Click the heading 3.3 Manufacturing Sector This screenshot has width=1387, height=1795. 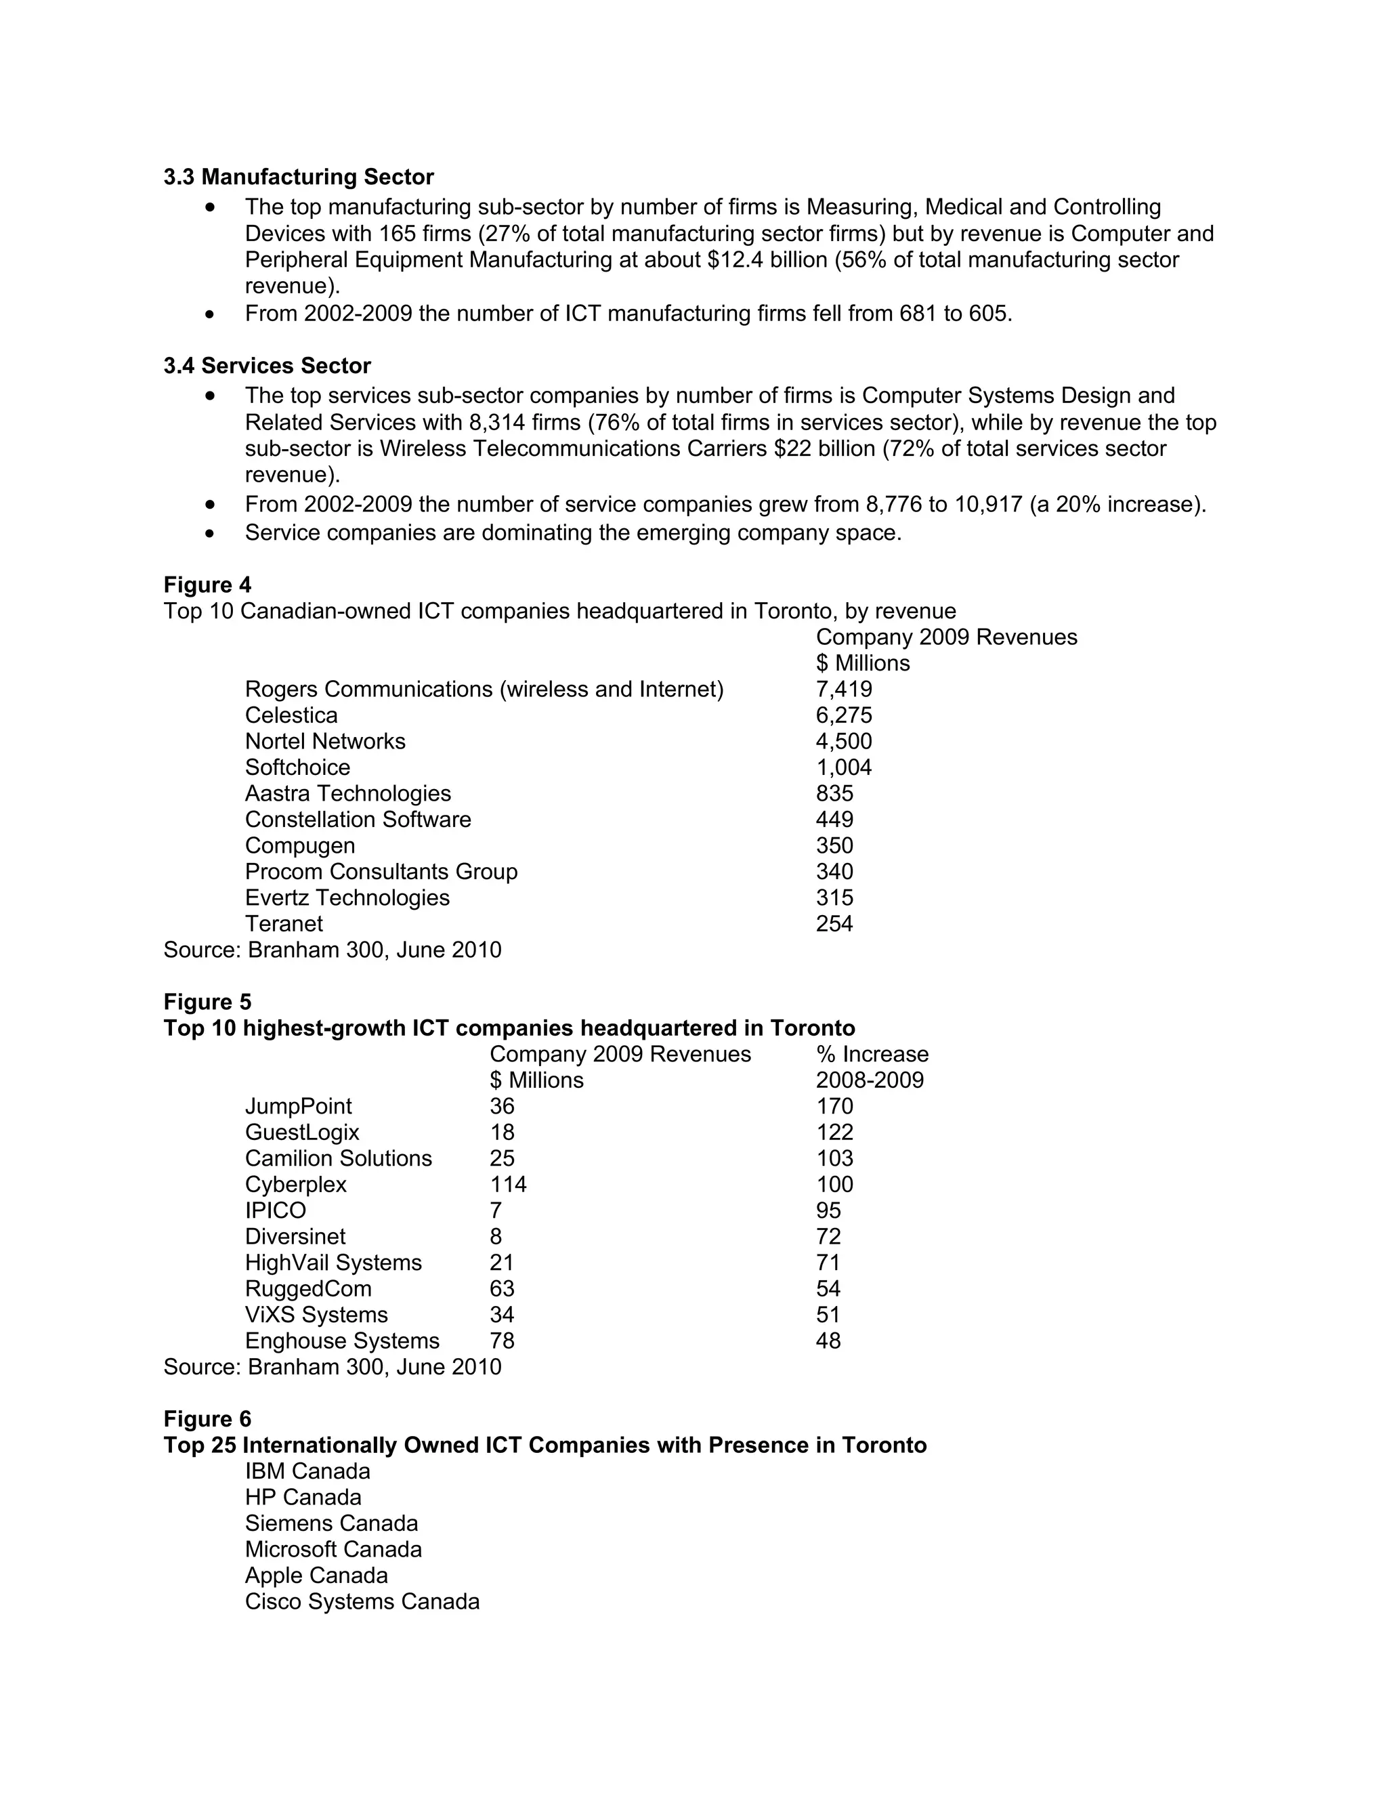coord(298,177)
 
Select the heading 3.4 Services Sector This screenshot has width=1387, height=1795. coord(267,366)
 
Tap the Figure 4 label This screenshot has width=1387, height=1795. coord(207,585)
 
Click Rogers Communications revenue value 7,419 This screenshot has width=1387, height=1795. coord(844,689)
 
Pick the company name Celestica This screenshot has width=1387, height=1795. coord(291,715)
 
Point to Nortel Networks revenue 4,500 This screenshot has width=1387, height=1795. coord(844,741)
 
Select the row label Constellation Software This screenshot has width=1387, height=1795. coord(358,820)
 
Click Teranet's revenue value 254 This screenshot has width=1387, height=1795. coord(834,924)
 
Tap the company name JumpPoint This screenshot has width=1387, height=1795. coord(298,1106)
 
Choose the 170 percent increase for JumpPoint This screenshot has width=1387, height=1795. coord(834,1106)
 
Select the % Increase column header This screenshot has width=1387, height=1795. coord(872,1055)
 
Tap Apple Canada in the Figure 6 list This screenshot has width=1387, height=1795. coord(316,1576)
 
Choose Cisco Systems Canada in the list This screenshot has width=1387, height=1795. coord(362,1602)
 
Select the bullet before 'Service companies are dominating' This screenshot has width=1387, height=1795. coord(211,533)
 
